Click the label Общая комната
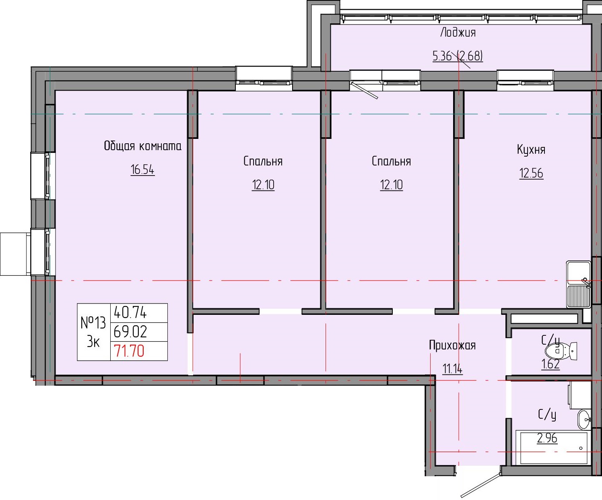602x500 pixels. coord(142,146)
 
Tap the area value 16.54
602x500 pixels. coord(142,169)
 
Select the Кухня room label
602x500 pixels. coord(531,150)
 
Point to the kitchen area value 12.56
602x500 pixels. coord(531,173)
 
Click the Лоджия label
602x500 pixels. coord(458,33)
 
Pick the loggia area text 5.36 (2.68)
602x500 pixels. coord(458,56)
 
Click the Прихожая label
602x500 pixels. coord(452,345)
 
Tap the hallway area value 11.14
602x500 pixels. coord(452,368)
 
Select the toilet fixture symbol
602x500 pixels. coord(562,351)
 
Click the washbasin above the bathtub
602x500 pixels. coord(584,420)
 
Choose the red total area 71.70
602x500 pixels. coord(129,351)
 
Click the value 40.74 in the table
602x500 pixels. coord(130,312)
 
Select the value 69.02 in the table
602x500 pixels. coord(130,332)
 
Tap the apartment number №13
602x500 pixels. coord(93,322)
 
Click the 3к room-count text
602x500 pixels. coord(93,342)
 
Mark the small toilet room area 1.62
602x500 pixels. coord(550,364)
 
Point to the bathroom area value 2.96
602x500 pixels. coord(547,438)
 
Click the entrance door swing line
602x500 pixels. coord(481,486)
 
